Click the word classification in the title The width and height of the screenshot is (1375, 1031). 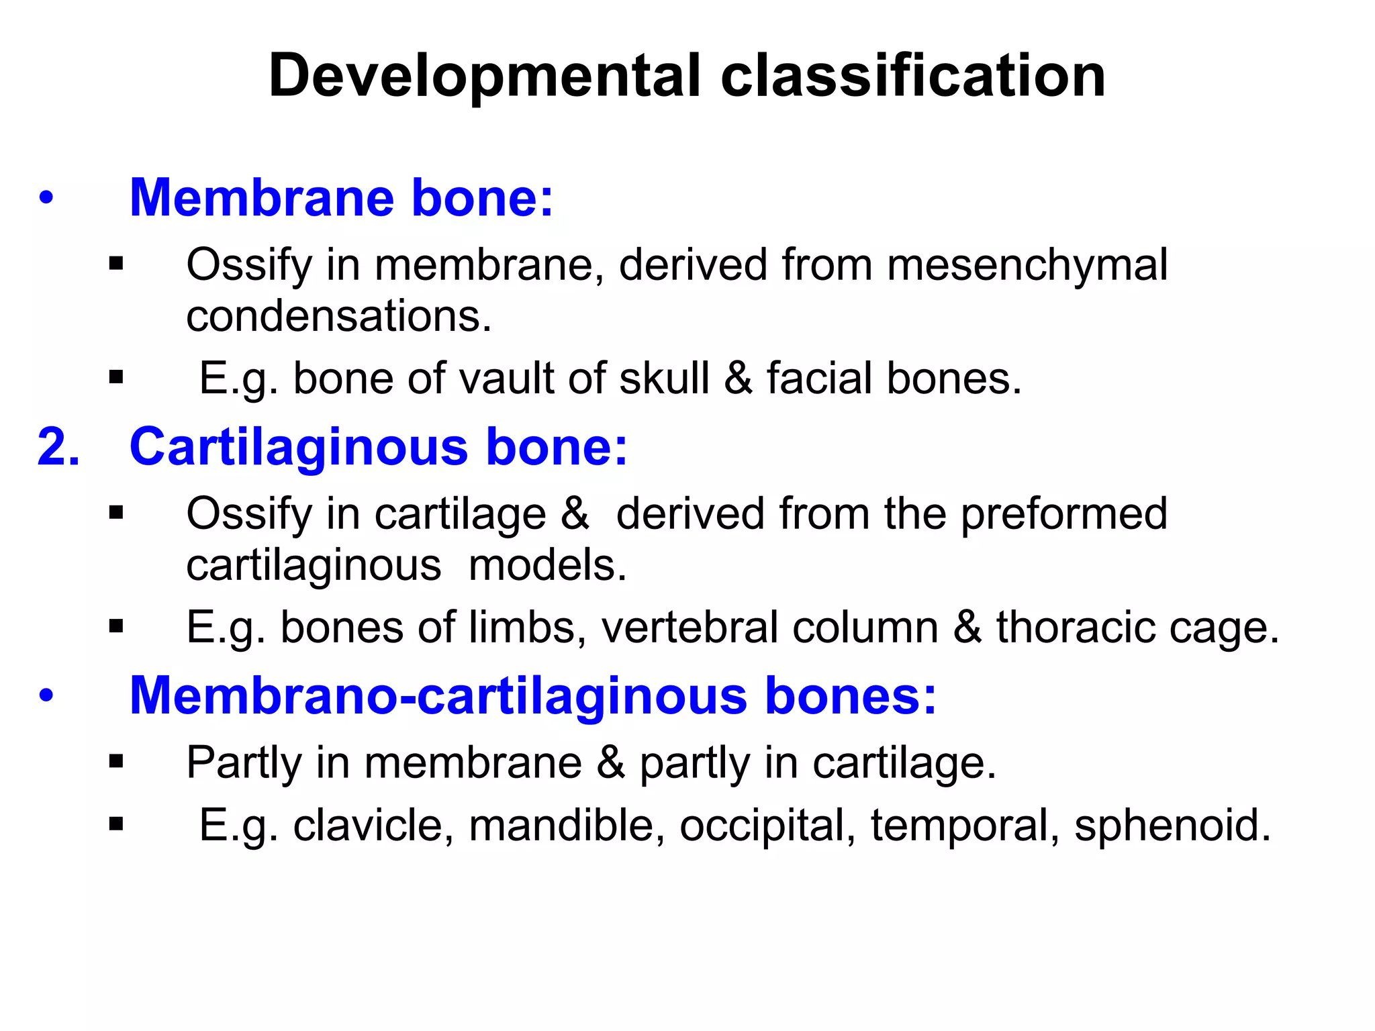pos(913,75)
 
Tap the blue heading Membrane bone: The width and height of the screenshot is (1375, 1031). pos(341,198)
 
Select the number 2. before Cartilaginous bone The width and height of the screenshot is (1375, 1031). pos(58,447)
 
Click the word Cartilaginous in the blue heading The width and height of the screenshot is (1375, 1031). pos(298,447)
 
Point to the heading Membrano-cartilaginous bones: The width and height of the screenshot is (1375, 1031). pos(532,695)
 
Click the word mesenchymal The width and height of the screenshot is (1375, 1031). pos(1027,265)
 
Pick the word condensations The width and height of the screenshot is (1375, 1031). pos(339,316)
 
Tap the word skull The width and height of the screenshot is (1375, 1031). pos(664,378)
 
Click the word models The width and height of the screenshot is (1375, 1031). pos(547,565)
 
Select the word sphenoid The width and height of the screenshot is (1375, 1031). pos(1172,825)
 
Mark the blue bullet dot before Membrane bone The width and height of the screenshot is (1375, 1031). pos(46,199)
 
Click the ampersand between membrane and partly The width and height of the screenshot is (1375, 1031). pos(610,763)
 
